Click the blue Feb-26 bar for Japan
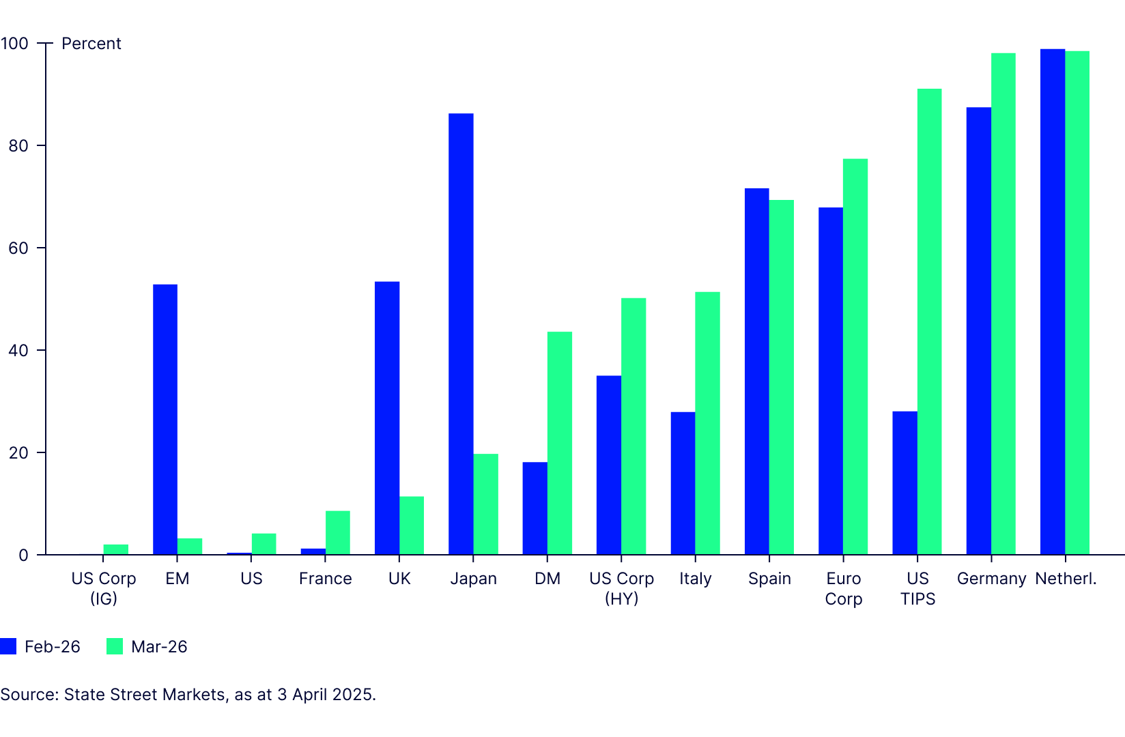[x=461, y=334]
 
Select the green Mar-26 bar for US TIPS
[x=929, y=321]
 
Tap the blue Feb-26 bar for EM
[x=165, y=420]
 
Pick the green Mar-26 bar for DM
[x=560, y=444]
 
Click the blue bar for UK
[x=387, y=418]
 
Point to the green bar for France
[x=338, y=533]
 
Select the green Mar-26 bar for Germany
[x=1003, y=304]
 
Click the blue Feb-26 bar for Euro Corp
[x=831, y=381]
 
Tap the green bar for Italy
[x=707, y=423]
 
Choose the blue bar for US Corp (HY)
[x=609, y=465]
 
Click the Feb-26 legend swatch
[x=8, y=646]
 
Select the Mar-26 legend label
[x=159, y=647]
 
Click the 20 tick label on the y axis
[x=19, y=453]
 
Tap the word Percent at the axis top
[x=91, y=44]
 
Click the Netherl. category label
[x=1066, y=579]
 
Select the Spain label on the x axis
[x=769, y=579]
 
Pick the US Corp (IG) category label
[x=104, y=588]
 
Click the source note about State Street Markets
[x=188, y=695]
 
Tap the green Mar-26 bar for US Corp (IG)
[x=116, y=549]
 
